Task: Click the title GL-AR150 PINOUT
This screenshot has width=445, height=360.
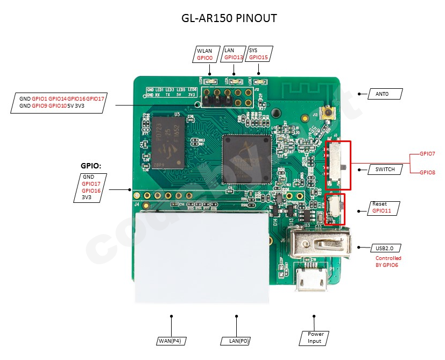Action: point(230,18)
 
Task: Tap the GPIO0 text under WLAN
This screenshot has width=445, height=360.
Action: point(205,57)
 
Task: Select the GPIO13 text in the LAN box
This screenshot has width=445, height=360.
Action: point(234,57)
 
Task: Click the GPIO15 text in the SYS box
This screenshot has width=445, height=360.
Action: point(258,57)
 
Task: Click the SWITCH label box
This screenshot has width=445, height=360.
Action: point(385,170)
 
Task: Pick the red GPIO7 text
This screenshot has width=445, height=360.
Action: point(428,154)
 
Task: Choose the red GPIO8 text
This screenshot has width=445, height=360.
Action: point(428,172)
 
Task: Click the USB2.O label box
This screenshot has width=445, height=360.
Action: point(385,248)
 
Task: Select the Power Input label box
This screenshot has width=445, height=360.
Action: point(314,337)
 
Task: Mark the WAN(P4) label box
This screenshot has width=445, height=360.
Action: point(172,341)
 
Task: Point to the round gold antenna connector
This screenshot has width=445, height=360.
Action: point(327,114)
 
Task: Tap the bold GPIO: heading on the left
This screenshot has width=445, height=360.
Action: point(91,166)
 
